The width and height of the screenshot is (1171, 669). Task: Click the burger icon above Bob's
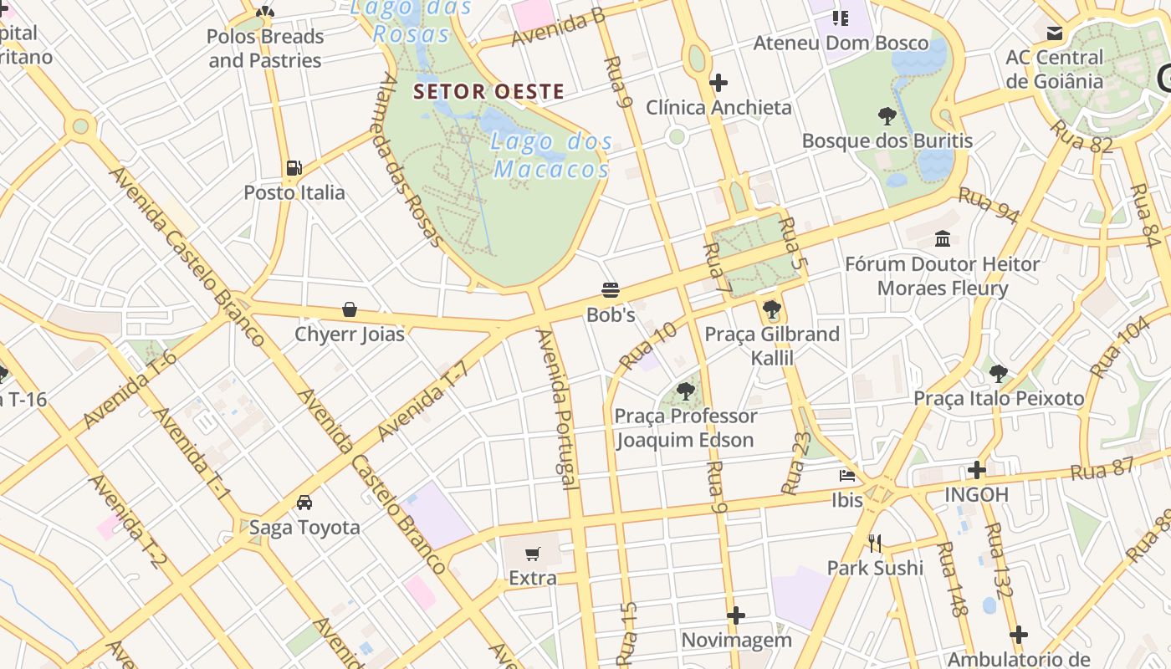click(x=611, y=290)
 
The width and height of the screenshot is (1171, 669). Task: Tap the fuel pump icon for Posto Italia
click(x=294, y=168)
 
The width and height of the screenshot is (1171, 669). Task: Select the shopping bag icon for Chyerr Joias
click(x=350, y=309)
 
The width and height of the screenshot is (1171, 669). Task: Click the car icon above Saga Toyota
click(x=304, y=503)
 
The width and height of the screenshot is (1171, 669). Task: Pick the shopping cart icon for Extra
click(x=533, y=554)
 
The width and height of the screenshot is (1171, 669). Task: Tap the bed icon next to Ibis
click(x=847, y=476)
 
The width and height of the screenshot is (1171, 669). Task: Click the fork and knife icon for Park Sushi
click(x=875, y=544)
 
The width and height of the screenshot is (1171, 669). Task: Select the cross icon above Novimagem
click(x=736, y=616)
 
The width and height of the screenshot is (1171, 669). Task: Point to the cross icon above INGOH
click(x=976, y=470)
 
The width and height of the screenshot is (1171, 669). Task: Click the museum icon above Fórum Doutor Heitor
click(x=943, y=239)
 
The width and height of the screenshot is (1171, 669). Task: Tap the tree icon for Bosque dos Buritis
click(x=887, y=116)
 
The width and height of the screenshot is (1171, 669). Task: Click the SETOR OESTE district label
click(x=489, y=91)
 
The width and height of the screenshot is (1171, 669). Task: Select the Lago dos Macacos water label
click(x=552, y=156)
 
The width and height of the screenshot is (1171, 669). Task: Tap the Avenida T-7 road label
click(x=421, y=405)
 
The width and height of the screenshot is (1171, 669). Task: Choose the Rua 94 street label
click(x=988, y=206)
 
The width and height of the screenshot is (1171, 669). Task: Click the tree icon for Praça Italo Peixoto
click(x=998, y=373)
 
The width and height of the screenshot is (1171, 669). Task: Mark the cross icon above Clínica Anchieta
click(x=718, y=83)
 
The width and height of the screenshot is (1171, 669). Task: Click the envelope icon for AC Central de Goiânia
click(x=1054, y=33)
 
